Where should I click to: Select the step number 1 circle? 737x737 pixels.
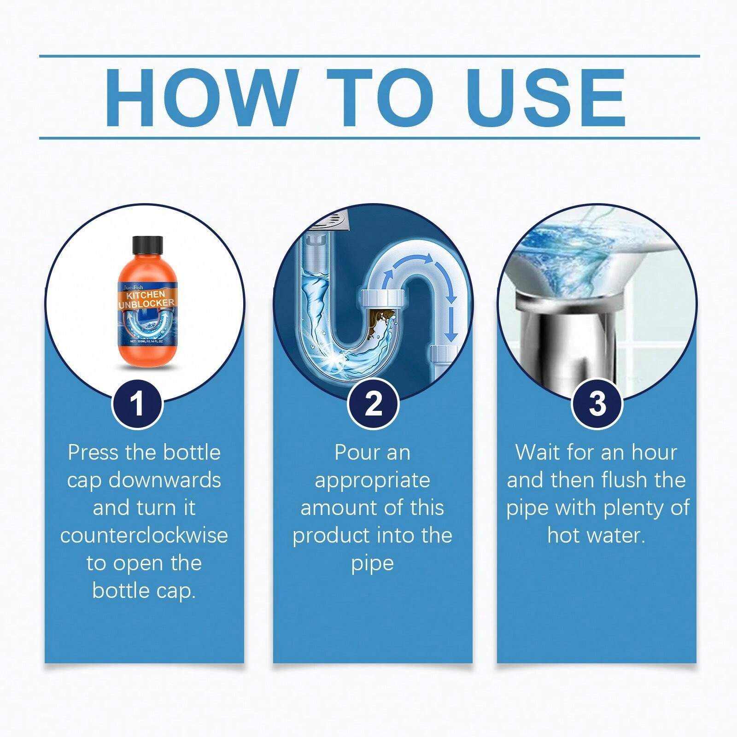137,404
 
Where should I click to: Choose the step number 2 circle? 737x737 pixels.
373,404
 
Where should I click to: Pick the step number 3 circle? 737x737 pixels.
597,404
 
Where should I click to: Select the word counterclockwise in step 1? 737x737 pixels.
144,535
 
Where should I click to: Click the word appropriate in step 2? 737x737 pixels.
372,480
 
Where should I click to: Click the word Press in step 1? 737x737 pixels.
93,452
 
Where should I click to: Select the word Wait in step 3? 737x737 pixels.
538,452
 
